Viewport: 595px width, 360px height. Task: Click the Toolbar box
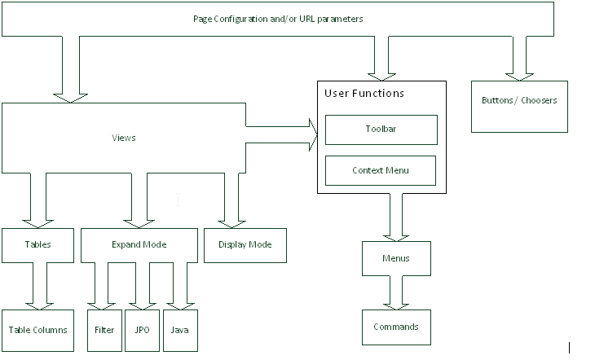pyautogui.click(x=381, y=130)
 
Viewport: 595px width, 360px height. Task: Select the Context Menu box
pyautogui.click(x=381, y=170)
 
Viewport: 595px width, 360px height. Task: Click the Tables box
pyautogui.click(x=37, y=245)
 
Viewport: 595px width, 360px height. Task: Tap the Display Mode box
pyautogui.click(x=245, y=245)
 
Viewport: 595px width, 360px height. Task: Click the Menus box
pyautogui.click(x=396, y=259)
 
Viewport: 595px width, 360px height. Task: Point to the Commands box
pyautogui.click(x=396, y=327)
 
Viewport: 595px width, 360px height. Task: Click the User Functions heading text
pyautogui.click(x=364, y=94)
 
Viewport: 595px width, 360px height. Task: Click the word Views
pyautogui.click(x=123, y=138)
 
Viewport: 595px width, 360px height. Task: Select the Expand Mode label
pyautogui.click(x=139, y=244)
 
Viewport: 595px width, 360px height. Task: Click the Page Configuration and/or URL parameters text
pyautogui.click(x=278, y=18)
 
